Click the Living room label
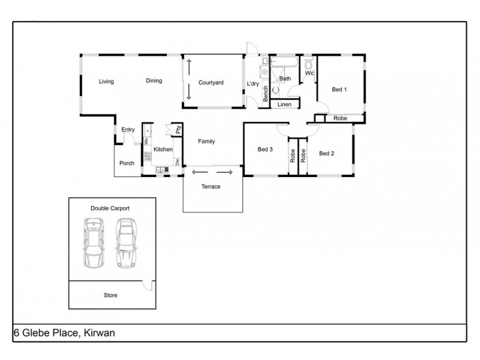coord(107,82)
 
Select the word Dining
coord(154,81)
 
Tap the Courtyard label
coord(211,83)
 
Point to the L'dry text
coord(253,84)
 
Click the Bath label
coord(285,79)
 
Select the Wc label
coord(309,73)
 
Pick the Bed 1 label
coord(340,90)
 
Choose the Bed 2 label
coord(326,154)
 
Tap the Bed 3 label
coord(265,149)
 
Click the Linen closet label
coord(284,105)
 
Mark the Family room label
coord(207,142)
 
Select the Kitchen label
coord(163,149)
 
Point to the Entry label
coord(128,130)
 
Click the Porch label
coord(127,163)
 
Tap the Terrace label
coord(211,187)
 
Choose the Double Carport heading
coord(110,208)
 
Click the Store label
coord(110,295)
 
